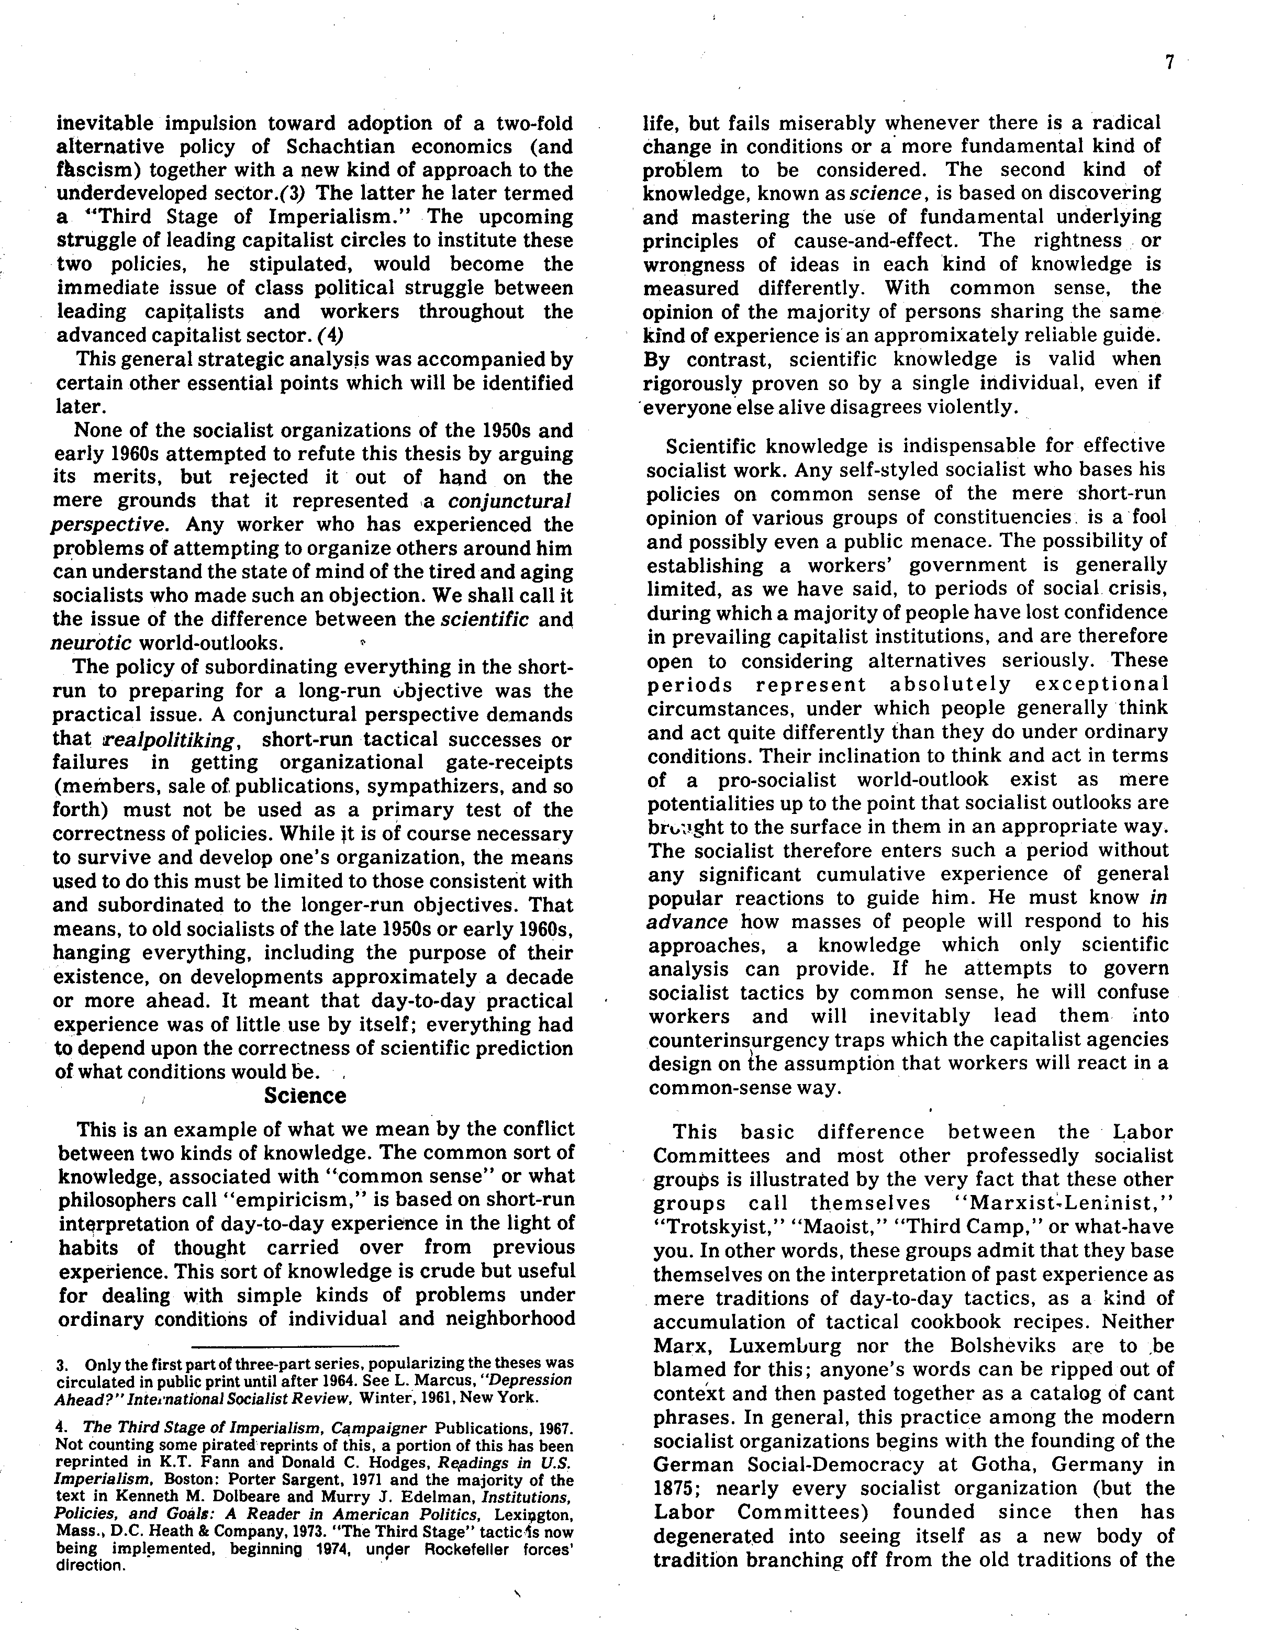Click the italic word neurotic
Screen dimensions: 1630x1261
(x=91, y=643)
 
